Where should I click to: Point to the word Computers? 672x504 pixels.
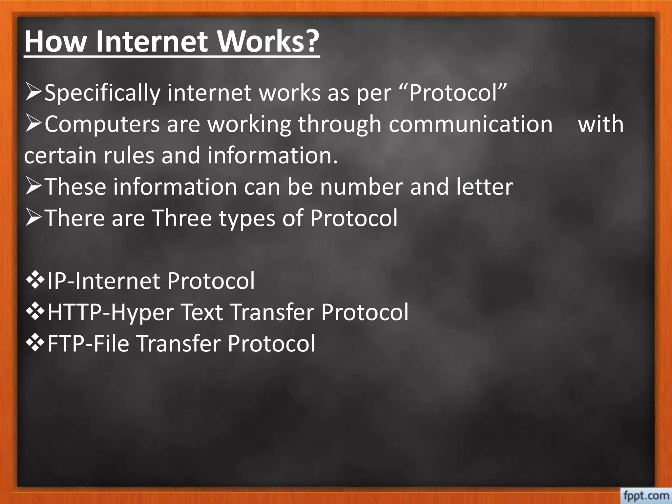tap(102, 125)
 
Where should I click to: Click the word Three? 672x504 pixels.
tap(182, 218)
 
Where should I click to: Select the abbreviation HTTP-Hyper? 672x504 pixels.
tap(110, 312)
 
